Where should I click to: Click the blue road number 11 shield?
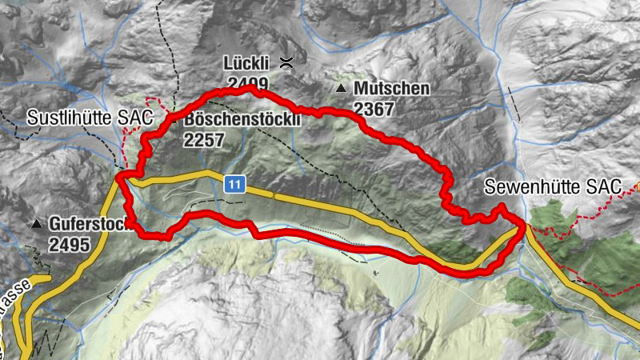pyautogui.click(x=234, y=185)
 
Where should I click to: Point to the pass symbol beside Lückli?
pyautogui.click(x=286, y=62)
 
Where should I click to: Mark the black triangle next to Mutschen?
pyautogui.click(x=342, y=88)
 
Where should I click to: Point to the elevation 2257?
pyautogui.click(x=205, y=140)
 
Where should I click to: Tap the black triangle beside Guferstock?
pyautogui.click(x=36, y=225)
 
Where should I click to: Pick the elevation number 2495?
pyautogui.click(x=69, y=245)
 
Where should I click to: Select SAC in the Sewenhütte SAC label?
pyautogui.click(x=608, y=187)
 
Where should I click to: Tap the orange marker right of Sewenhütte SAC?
pyautogui.click(x=638, y=186)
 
